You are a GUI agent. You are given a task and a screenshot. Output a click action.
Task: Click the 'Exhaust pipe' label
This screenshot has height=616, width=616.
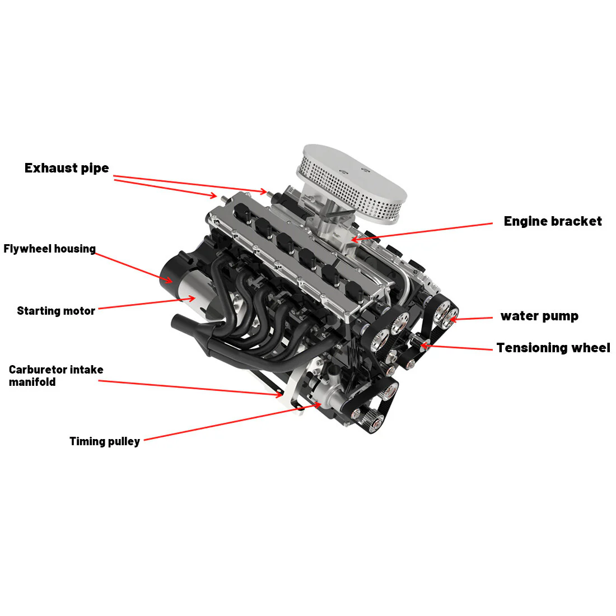(x=67, y=168)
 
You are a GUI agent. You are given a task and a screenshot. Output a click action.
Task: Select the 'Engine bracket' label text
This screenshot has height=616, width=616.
(x=552, y=221)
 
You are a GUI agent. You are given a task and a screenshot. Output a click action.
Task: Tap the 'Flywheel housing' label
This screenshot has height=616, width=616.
(x=50, y=249)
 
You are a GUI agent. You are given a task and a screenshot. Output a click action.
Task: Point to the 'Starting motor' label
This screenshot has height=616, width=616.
(x=56, y=311)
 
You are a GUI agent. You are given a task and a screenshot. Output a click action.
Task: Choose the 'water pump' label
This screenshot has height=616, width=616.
(x=539, y=316)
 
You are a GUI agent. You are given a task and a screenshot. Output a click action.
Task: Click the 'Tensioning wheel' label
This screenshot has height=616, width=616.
(x=553, y=348)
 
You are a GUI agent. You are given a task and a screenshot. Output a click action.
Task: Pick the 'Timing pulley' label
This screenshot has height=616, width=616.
(x=105, y=441)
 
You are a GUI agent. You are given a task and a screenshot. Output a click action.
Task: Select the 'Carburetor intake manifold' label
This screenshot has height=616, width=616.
(x=56, y=376)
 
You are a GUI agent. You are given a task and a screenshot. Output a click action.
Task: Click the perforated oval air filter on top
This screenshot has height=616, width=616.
(x=354, y=178)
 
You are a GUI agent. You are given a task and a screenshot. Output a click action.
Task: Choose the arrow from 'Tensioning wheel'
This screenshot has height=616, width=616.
(x=456, y=347)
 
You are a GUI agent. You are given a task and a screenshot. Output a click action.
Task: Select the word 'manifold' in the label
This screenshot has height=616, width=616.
(x=32, y=382)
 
